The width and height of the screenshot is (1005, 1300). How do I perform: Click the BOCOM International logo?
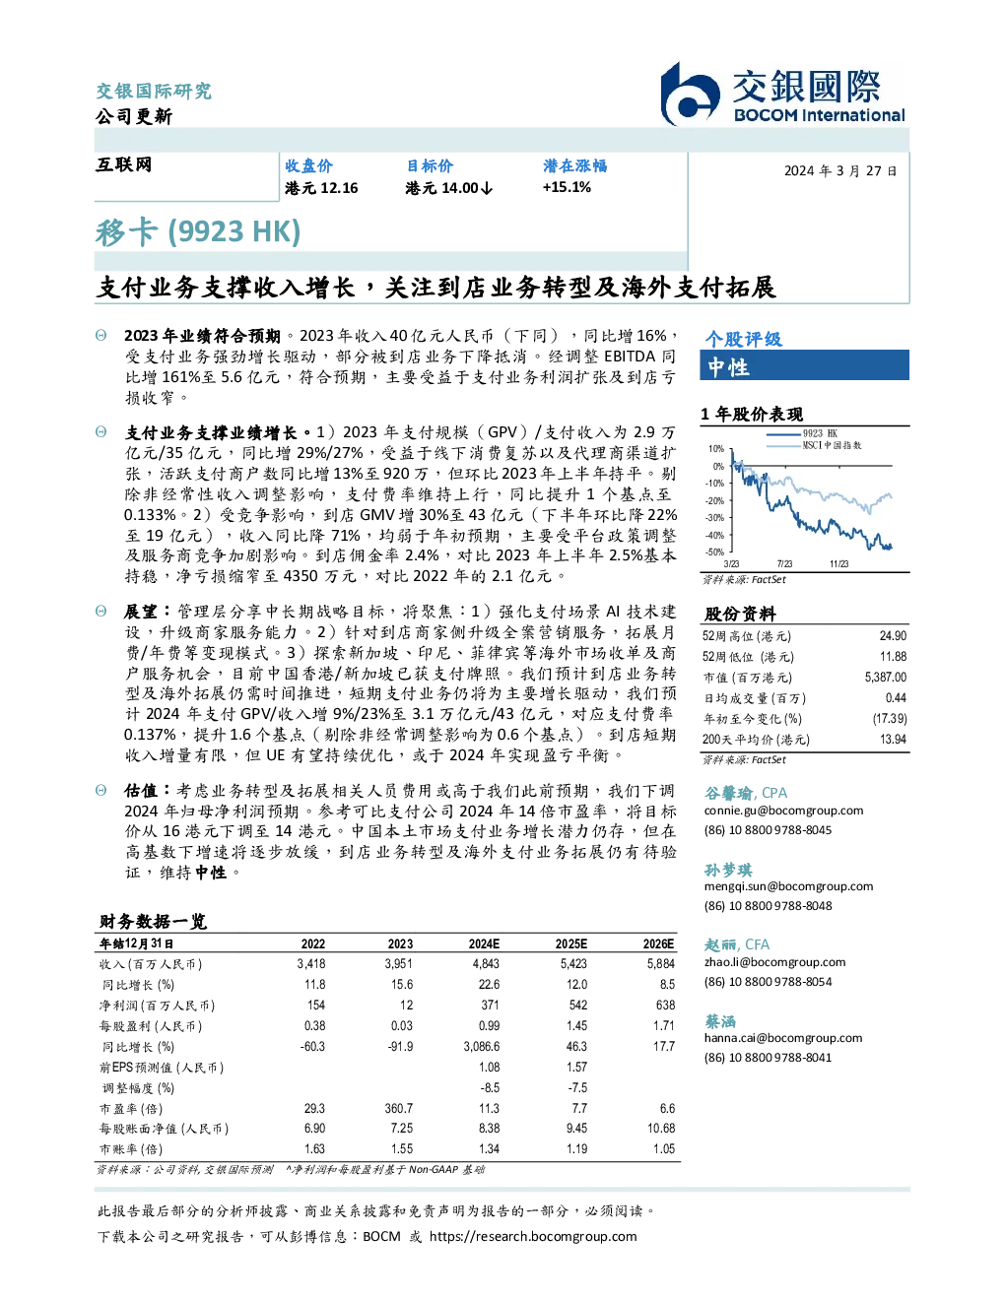point(782,94)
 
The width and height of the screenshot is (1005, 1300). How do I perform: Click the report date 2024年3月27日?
point(840,171)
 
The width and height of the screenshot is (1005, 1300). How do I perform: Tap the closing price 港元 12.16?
point(321,188)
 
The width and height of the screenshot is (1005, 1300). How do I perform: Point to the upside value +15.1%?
point(567,187)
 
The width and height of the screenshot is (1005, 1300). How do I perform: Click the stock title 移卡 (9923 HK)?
point(197,232)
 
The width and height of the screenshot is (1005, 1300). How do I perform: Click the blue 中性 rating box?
point(804,365)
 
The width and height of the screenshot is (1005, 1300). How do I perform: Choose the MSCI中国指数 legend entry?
point(814,445)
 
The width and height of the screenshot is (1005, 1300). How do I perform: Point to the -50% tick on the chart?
point(714,552)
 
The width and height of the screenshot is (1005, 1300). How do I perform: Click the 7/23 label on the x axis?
point(784,564)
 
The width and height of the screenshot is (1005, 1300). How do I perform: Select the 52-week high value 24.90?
point(893,636)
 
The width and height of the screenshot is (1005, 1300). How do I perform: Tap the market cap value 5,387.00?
point(885,678)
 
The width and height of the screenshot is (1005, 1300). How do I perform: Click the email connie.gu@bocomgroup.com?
point(783,811)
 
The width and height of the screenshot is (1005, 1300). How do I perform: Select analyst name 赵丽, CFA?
point(736,944)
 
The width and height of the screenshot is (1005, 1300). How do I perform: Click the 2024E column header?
point(484,944)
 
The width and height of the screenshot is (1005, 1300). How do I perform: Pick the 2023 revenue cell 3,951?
point(399,964)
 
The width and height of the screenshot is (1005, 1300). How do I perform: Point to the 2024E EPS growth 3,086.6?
point(481,1046)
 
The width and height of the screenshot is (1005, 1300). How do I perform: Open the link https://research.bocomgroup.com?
point(533,1237)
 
